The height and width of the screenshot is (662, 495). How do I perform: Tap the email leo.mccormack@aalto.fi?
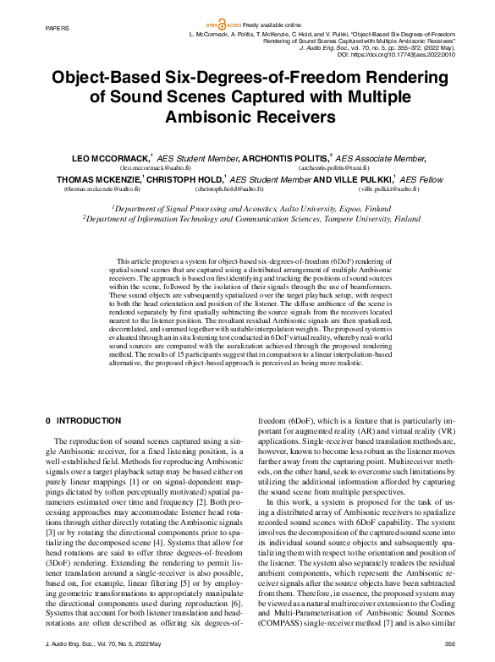tap(155, 168)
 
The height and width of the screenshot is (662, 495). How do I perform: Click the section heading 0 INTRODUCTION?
tap(83, 420)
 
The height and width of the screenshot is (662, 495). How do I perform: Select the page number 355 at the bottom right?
tap(450, 644)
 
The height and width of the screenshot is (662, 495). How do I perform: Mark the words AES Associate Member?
tap(368, 158)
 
